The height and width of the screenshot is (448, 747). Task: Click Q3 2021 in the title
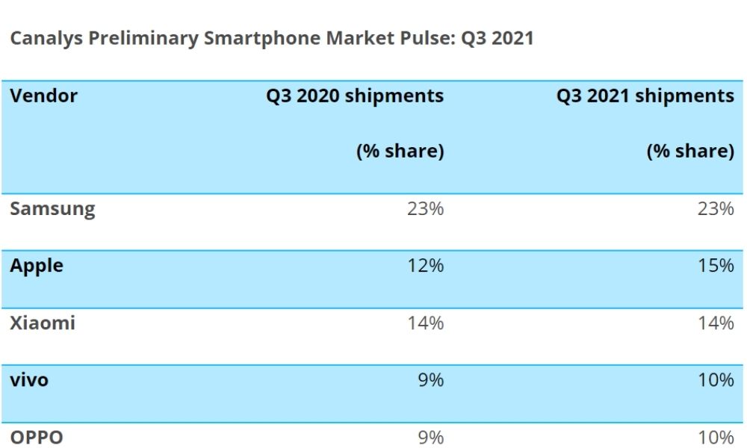click(x=498, y=39)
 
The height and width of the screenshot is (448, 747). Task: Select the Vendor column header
click(x=43, y=96)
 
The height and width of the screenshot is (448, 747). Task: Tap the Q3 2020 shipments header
click(x=355, y=96)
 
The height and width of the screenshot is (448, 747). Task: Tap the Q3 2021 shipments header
click(x=645, y=96)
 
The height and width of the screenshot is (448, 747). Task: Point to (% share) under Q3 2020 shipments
click(x=400, y=151)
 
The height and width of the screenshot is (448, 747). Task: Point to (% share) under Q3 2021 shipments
click(x=690, y=151)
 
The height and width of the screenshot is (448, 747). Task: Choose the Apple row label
click(x=37, y=266)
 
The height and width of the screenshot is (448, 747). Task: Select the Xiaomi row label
click(x=43, y=323)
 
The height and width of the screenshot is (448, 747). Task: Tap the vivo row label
click(x=29, y=380)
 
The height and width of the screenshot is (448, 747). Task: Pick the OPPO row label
click(x=37, y=438)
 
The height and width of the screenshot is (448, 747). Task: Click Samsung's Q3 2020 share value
click(x=426, y=208)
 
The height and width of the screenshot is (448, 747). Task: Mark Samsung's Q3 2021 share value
click(x=716, y=208)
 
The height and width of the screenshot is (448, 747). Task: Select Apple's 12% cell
click(x=426, y=266)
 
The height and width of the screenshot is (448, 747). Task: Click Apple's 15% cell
click(x=716, y=266)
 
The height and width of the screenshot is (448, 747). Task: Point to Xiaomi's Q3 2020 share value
click(x=426, y=323)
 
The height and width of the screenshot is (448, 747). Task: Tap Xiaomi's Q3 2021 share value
click(x=716, y=323)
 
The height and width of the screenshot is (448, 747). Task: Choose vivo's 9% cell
click(x=431, y=380)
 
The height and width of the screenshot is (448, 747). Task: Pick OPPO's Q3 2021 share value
click(x=716, y=438)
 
